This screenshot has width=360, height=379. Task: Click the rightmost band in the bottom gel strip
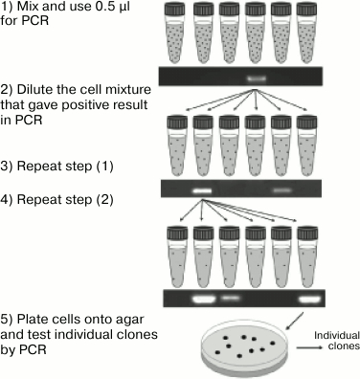pos(307,298)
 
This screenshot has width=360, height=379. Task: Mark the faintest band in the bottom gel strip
pos(230,298)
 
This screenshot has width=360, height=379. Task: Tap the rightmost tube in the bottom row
pos(305,253)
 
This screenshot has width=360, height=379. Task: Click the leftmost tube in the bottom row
pos(175,253)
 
